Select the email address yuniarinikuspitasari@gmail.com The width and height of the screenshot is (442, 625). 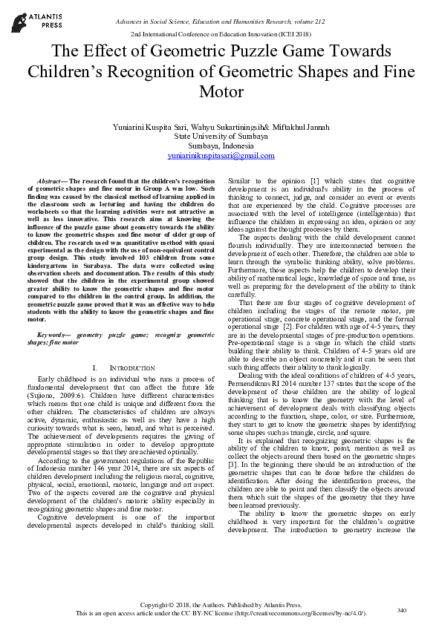(221, 156)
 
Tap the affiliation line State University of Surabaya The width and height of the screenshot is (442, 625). (221, 137)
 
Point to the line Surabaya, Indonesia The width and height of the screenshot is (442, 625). (221, 146)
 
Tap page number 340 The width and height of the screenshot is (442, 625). (402, 610)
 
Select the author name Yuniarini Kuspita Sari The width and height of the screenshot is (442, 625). (151, 127)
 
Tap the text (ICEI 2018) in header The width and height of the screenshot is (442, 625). (293, 35)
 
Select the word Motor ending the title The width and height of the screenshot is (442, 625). (221, 92)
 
